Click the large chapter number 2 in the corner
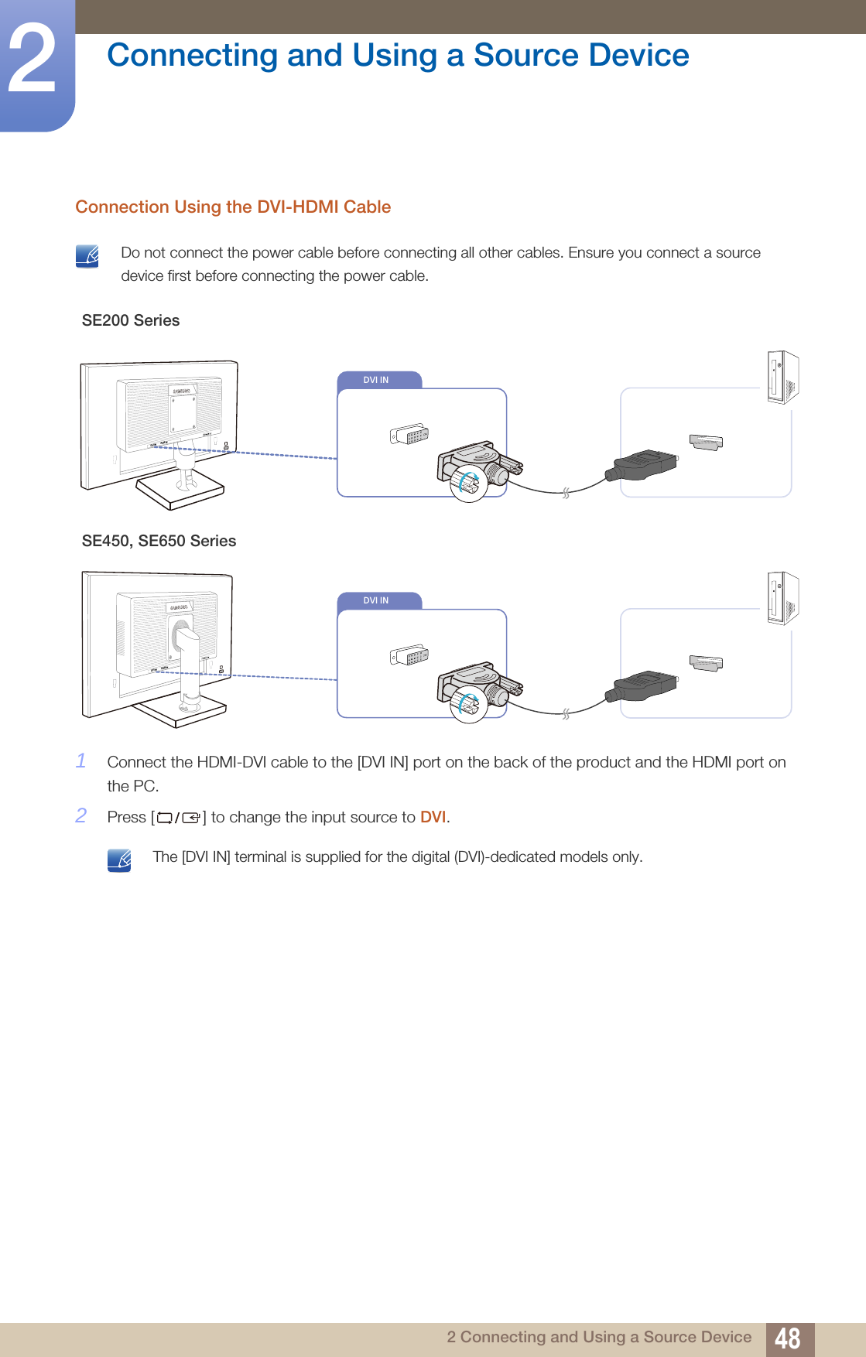(33, 60)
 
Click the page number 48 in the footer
(788, 1338)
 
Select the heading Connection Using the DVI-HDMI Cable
(233, 207)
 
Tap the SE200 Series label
(131, 321)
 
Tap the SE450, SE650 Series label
(159, 542)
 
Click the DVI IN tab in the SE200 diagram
(378, 380)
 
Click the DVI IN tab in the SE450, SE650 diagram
(378, 600)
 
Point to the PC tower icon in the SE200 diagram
(782, 378)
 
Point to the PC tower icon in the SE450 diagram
(782, 598)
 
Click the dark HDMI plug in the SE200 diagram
(642, 465)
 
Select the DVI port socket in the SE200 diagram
(409, 435)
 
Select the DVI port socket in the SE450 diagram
(409, 656)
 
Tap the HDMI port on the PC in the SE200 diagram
(706, 443)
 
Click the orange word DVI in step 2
(433, 818)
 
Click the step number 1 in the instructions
(81, 761)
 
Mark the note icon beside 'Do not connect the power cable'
(87, 256)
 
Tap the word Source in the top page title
(525, 56)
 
